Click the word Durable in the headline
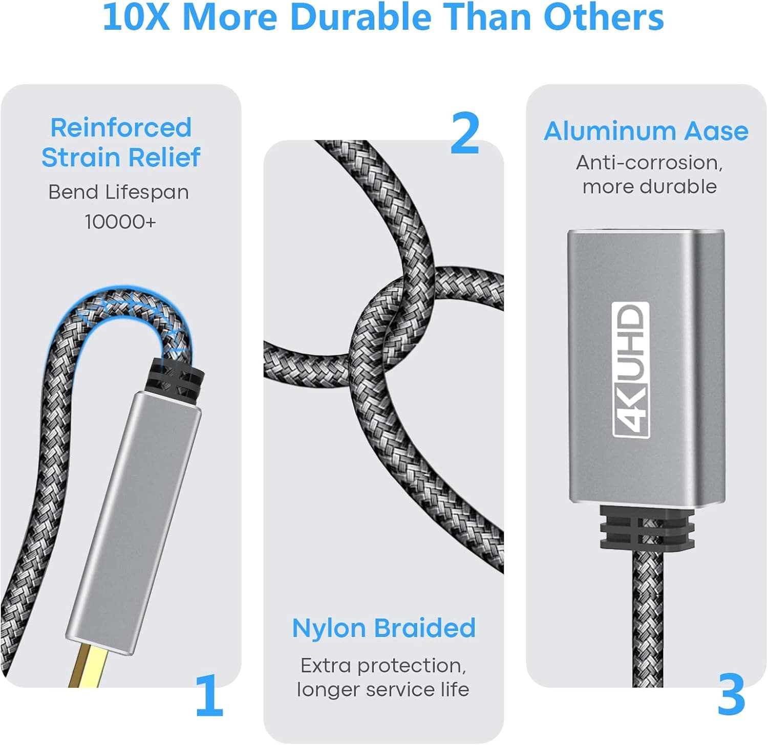pyautogui.click(x=360, y=18)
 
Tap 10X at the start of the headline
pyautogui.click(x=136, y=18)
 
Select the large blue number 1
pyautogui.click(x=209, y=695)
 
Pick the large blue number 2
pyautogui.click(x=465, y=134)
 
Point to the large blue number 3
pyautogui.click(x=731, y=695)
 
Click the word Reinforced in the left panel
pyautogui.click(x=121, y=127)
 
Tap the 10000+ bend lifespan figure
pyautogui.click(x=120, y=222)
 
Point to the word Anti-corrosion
pyautogui.click(x=649, y=163)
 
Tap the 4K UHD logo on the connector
pyautogui.click(x=631, y=369)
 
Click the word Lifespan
pyautogui.click(x=147, y=193)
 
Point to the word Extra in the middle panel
pyautogui.click(x=325, y=666)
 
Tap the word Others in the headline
pyautogui.click(x=603, y=18)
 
